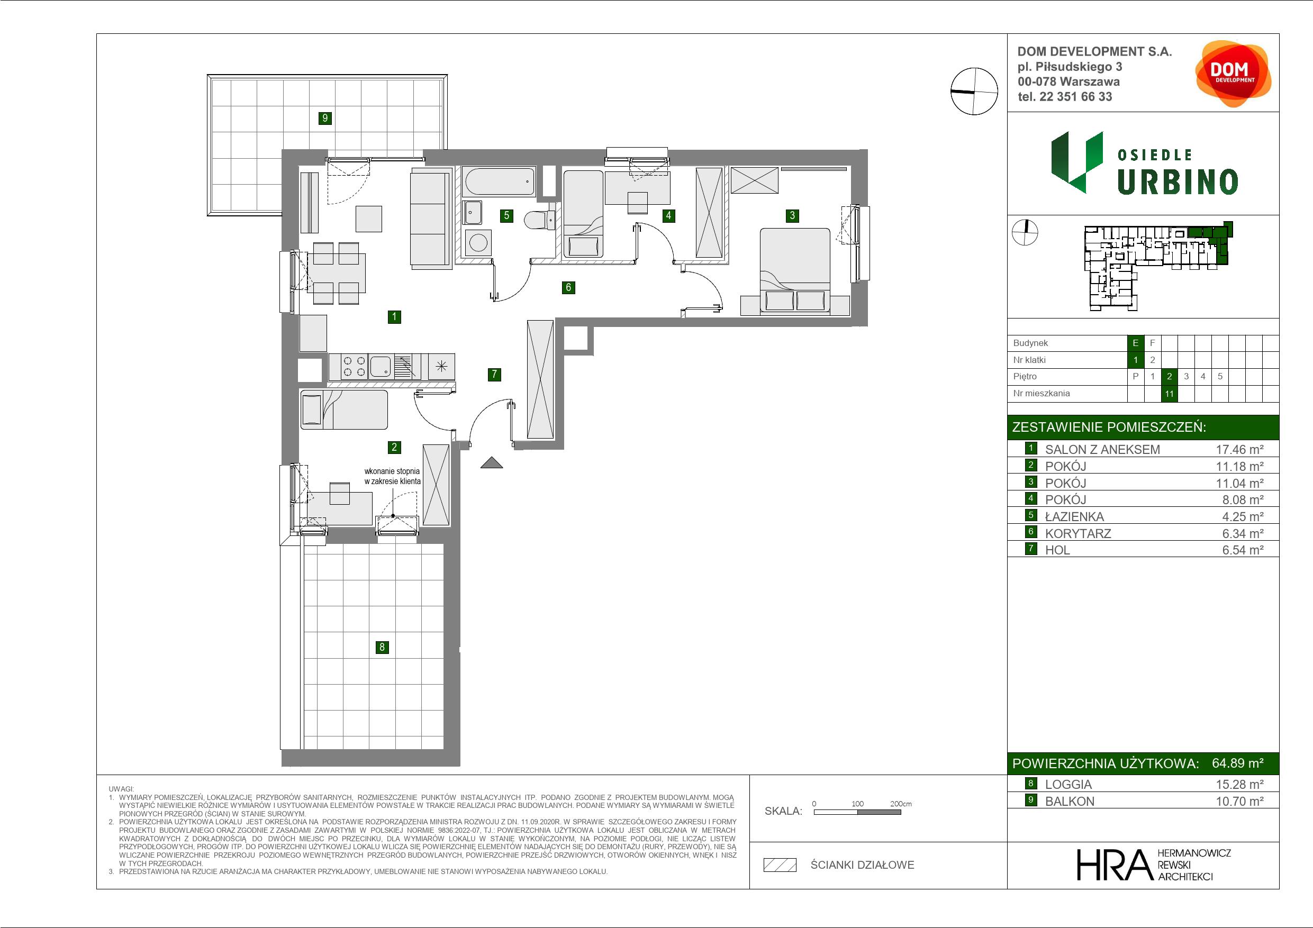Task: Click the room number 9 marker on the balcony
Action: (x=325, y=119)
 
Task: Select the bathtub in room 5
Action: (x=500, y=183)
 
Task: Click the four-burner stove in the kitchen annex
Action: (x=354, y=367)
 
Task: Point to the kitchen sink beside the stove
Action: (x=381, y=367)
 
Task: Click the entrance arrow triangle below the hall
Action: (x=491, y=462)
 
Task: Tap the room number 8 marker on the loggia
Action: (x=382, y=647)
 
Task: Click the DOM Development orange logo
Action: (x=1233, y=74)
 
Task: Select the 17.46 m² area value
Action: (x=1239, y=449)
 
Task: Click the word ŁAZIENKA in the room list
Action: (x=1074, y=516)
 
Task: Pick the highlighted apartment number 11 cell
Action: (x=1169, y=394)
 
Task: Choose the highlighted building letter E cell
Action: (x=1135, y=343)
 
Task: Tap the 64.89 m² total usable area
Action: (x=1237, y=763)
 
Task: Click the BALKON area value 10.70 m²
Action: (x=1239, y=801)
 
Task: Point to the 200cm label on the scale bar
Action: (x=901, y=803)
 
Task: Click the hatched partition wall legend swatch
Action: (x=780, y=865)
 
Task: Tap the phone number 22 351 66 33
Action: (x=1076, y=97)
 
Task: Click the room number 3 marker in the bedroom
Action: (x=792, y=215)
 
